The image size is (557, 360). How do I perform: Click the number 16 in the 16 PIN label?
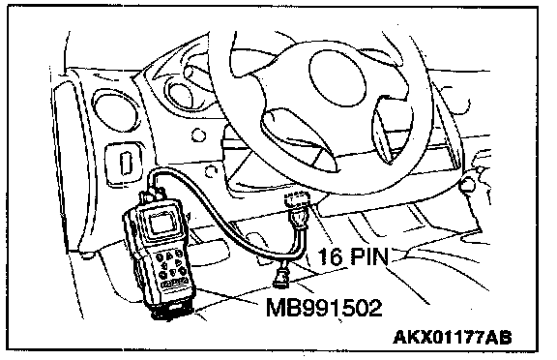point(330,255)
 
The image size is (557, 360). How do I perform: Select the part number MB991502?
point(324,308)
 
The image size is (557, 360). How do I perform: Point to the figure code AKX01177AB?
point(453,337)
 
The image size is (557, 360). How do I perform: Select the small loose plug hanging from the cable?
point(281,276)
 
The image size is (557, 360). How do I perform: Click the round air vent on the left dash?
point(115,109)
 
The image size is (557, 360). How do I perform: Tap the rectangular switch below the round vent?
point(124,162)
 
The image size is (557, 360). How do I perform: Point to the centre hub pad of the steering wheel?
point(337,78)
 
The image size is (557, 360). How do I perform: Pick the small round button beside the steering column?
point(198,135)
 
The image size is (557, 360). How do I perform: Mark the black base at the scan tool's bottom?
point(174,309)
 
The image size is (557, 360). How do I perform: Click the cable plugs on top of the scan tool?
point(154,195)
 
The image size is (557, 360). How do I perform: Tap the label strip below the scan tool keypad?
point(175,284)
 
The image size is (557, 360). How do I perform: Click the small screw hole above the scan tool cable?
point(212,171)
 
